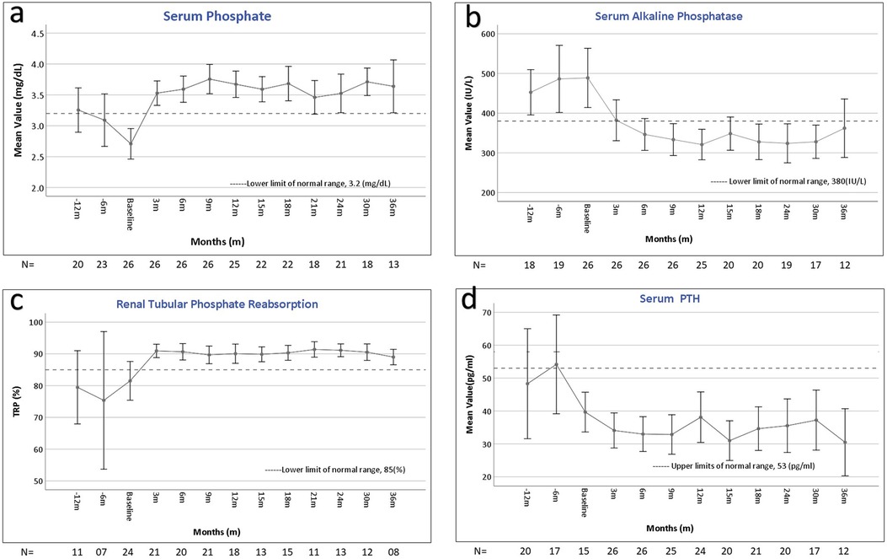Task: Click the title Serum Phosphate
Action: (217, 16)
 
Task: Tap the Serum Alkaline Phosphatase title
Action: (669, 16)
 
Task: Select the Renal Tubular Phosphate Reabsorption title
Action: (217, 304)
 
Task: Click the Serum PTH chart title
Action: (670, 298)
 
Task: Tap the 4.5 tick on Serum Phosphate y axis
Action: (38, 34)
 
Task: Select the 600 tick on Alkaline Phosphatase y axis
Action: (489, 34)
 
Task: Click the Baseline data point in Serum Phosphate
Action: (131, 143)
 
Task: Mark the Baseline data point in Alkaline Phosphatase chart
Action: (587, 78)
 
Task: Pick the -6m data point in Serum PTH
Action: (556, 365)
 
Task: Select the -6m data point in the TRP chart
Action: (104, 400)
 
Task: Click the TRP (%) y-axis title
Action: (18, 401)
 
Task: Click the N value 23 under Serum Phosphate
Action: (103, 265)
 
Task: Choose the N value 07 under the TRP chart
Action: (102, 551)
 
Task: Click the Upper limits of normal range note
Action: (734, 466)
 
